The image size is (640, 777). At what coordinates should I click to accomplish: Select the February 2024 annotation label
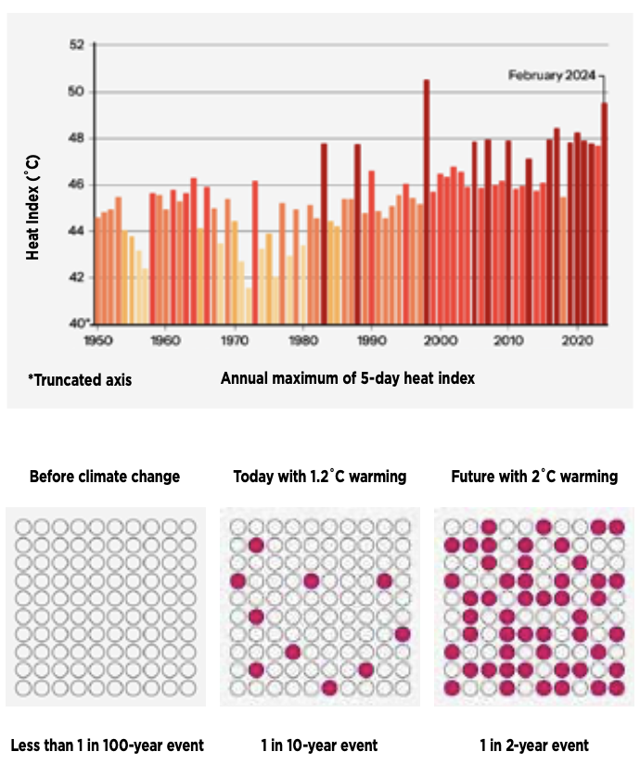pyautogui.click(x=552, y=75)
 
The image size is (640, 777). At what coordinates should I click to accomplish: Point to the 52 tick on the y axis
pyautogui.click(x=77, y=45)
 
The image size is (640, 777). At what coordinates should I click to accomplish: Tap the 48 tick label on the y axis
pyautogui.click(x=77, y=138)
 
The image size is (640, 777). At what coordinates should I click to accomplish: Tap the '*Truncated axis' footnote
pyautogui.click(x=80, y=379)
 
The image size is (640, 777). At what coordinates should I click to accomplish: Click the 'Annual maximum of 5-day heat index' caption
pyautogui.click(x=348, y=378)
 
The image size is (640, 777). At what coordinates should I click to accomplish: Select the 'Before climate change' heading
pyautogui.click(x=105, y=477)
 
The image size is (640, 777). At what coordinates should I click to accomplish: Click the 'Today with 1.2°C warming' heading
pyautogui.click(x=320, y=477)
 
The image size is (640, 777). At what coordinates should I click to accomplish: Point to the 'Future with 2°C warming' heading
pyautogui.click(x=534, y=477)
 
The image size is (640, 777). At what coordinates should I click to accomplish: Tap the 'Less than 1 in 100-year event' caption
pyautogui.click(x=107, y=745)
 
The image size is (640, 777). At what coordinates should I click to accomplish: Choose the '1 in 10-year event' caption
pyautogui.click(x=320, y=745)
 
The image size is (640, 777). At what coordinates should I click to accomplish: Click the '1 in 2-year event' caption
pyautogui.click(x=534, y=745)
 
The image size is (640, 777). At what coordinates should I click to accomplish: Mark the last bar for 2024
pyautogui.click(x=605, y=213)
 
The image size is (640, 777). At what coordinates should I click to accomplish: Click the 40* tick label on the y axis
pyautogui.click(x=80, y=324)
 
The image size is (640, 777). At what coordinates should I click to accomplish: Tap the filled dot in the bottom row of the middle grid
pyautogui.click(x=328, y=687)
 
